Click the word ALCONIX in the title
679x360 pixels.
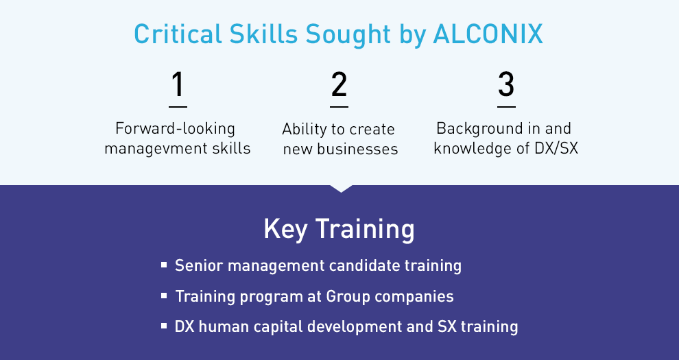pyautogui.click(x=488, y=34)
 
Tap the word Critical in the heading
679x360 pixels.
pyautogui.click(x=178, y=34)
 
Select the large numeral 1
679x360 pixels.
pyautogui.click(x=178, y=84)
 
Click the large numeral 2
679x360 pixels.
pyautogui.click(x=339, y=84)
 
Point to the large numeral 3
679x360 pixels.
pyautogui.click(x=506, y=84)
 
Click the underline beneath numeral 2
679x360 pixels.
pyautogui.click(x=339, y=106)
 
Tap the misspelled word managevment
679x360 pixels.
pyautogui.click(x=156, y=149)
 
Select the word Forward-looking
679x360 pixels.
pyautogui.click(x=176, y=129)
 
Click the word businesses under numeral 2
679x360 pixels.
pyautogui.click(x=357, y=149)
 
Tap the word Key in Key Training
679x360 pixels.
pyautogui.click(x=285, y=229)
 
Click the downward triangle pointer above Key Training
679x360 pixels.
pyautogui.click(x=341, y=189)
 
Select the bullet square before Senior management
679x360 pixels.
pyautogui.click(x=164, y=265)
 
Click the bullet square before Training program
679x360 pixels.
pyautogui.click(x=164, y=296)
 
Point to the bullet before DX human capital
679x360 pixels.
pyautogui.click(x=164, y=326)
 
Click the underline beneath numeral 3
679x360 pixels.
pyautogui.click(x=506, y=106)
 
